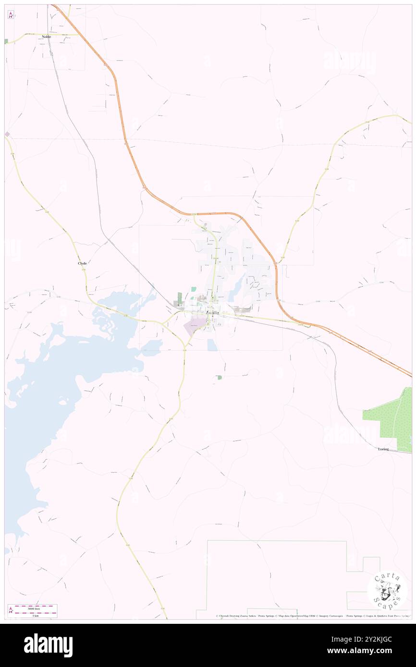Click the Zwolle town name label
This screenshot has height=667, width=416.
tap(212, 313)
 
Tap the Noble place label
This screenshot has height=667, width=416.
tap(46, 37)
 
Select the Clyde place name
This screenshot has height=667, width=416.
tap(82, 263)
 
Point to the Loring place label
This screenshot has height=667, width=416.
tap(383, 449)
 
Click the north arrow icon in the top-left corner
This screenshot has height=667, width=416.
tap(11, 15)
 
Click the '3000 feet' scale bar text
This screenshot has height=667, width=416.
tap(33, 606)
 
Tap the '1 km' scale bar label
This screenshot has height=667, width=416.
tap(33, 615)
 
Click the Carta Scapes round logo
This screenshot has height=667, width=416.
tap(387, 590)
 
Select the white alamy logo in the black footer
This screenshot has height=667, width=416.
tap(48, 645)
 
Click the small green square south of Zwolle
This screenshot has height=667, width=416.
tap(220, 378)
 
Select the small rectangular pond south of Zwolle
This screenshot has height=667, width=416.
tap(212, 345)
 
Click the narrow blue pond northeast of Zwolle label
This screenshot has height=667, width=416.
tap(236, 289)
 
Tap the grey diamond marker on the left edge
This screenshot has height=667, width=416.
tap(7, 134)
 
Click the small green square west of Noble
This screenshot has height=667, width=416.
tap(6, 41)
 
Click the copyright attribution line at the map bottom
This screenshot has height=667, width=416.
tap(312, 616)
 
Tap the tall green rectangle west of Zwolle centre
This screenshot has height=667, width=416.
tap(179, 298)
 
